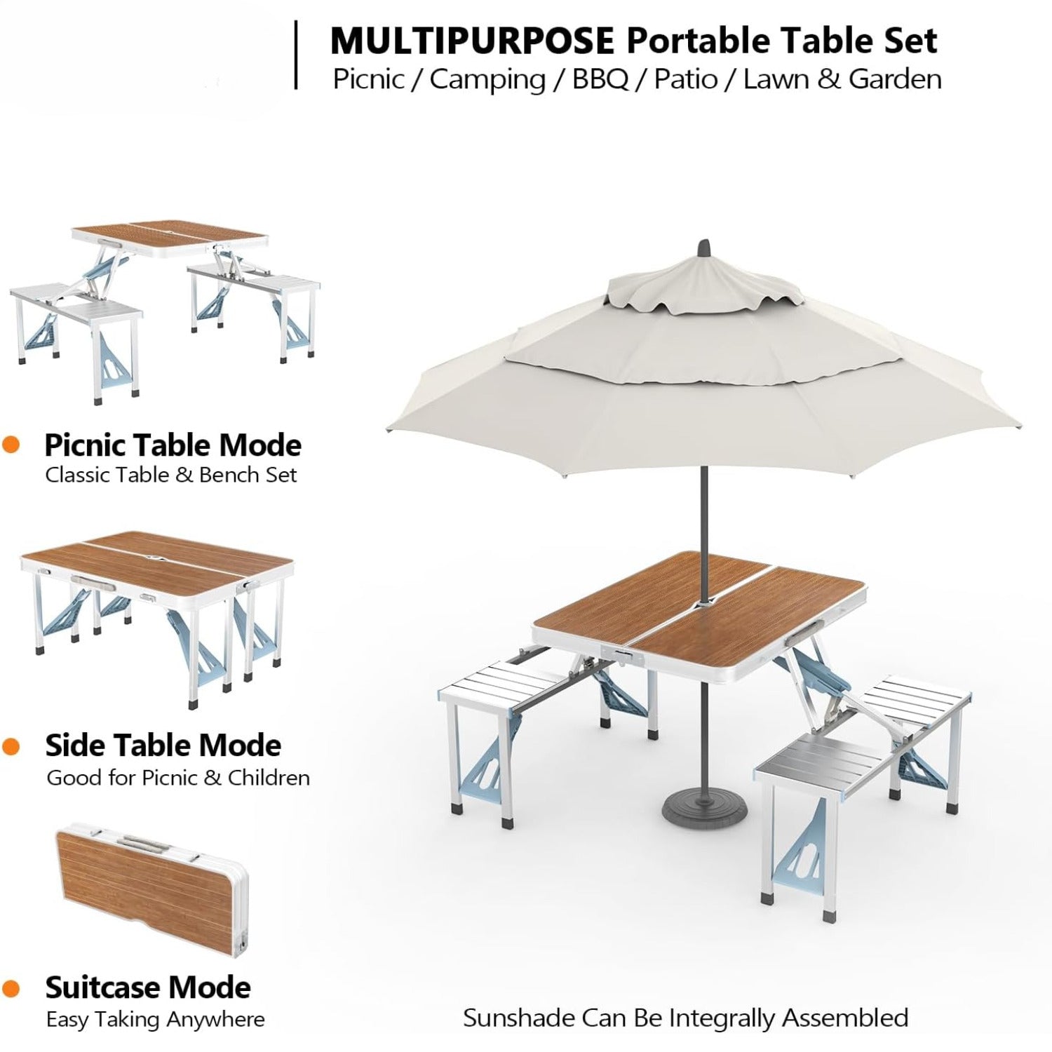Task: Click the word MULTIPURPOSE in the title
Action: pos(472,41)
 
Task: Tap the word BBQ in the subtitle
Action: pos(600,79)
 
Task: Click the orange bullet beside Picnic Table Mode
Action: pos(11,445)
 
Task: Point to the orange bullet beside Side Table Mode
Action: pos(11,746)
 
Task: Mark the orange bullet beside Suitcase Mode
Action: pos(11,989)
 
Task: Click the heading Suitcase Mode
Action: pos(148,987)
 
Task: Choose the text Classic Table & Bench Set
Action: pos(171,475)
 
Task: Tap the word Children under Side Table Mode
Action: pos(269,778)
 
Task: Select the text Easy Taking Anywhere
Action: pos(156,1019)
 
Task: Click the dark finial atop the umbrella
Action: pos(703,249)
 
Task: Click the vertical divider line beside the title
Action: pos(296,55)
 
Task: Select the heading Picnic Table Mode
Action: pos(173,445)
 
